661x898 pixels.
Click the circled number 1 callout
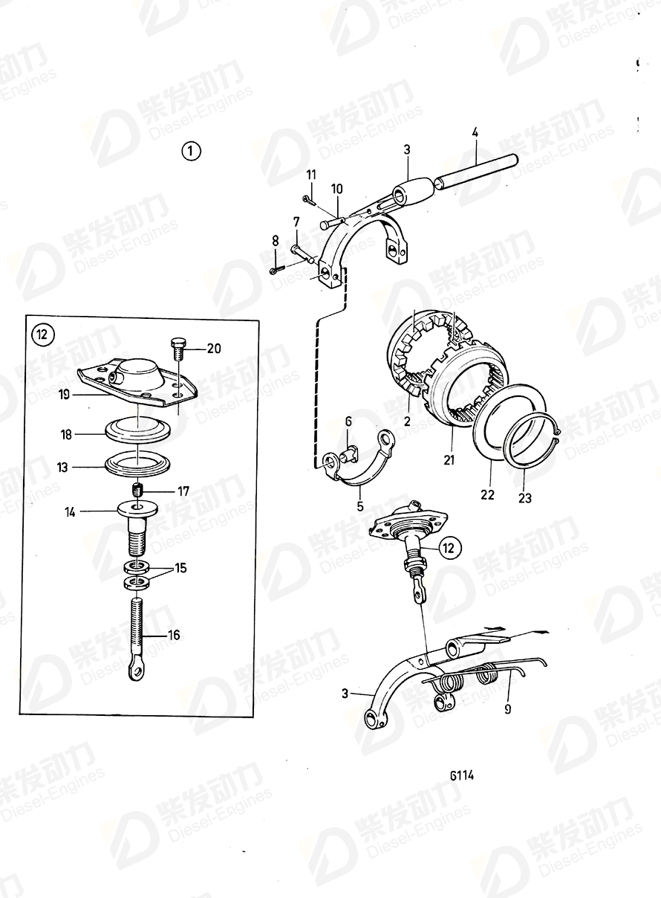[191, 152]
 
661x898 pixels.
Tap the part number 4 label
[475, 135]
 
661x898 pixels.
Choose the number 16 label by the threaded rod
[173, 635]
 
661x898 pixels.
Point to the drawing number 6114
[461, 775]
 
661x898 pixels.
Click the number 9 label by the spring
[508, 710]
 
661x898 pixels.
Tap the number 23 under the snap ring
[525, 497]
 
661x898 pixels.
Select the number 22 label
[487, 494]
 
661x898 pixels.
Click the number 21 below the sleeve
[448, 461]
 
